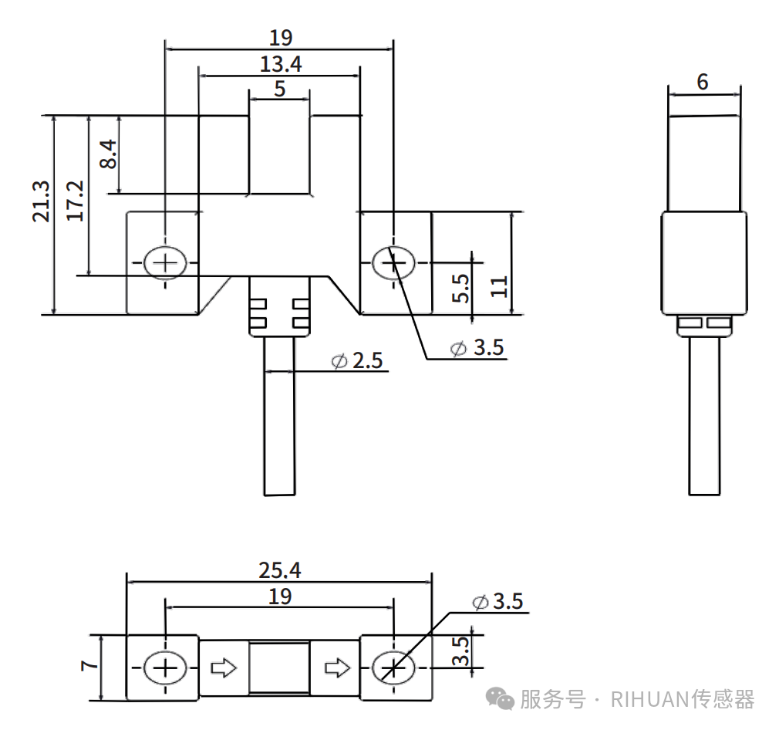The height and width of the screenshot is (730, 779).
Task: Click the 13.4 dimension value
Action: (x=280, y=64)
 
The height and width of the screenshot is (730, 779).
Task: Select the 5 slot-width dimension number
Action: (x=279, y=89)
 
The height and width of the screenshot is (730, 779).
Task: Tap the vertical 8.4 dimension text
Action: (x=108, y=154)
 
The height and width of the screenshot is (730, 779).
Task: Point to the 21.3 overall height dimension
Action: (x=41, y=201)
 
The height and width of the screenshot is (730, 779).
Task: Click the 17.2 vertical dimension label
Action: (x=75, y=201)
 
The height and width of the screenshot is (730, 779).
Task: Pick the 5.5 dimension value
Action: (x=460, y=288)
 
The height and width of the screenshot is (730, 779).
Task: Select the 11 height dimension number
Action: (x=499, y=286)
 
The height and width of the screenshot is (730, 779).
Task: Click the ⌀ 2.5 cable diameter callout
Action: (x=357, y=360)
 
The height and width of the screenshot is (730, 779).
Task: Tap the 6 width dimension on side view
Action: (x=702, y=82)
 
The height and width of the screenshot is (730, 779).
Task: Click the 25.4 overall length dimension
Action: (x=279, y=570)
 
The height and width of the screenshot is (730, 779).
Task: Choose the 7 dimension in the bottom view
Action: (x=89, y=664)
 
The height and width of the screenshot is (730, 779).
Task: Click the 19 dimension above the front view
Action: (x=280, y=37)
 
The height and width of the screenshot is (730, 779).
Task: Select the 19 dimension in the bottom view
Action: (x=279, y=596)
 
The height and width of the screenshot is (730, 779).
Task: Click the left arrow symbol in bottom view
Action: (x=224, y=667)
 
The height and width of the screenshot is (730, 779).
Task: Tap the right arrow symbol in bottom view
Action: (x=336, y=667)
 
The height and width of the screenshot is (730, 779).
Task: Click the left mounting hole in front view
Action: (x=164, y=263)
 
